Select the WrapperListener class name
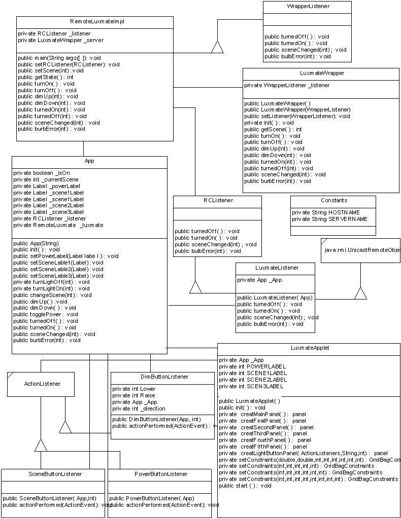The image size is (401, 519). pos(308,7)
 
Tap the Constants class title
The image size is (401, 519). pos(333,201)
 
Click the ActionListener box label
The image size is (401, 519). pos(42,384)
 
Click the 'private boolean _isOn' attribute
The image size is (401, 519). pos(42,173)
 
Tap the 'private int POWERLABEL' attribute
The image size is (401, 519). pos(252,366)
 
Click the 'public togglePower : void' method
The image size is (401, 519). pos(46,314)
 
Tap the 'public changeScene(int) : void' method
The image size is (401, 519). pos(52,294)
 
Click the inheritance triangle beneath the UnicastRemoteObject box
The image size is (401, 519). pos(360,293)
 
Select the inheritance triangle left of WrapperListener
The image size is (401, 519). pos(217,47)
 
